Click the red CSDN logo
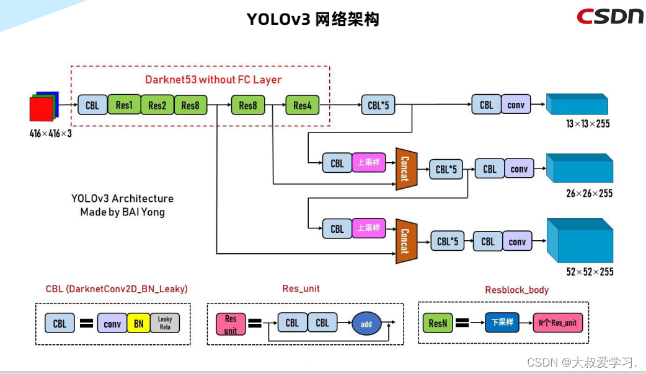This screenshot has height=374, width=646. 609,16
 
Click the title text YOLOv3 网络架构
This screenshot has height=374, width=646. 312,19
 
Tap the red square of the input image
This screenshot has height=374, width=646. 41,110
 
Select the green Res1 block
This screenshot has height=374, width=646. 124,105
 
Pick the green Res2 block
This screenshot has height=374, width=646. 157,105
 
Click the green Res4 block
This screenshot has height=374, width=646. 302,105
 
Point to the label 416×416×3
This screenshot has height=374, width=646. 51,133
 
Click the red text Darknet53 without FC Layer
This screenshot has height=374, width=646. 213,79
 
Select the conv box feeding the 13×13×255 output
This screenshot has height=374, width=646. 516,105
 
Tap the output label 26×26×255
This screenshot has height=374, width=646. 589,194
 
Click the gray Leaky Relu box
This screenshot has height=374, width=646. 165,323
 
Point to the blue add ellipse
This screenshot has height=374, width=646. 366,323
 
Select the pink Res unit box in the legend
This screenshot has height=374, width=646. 231,323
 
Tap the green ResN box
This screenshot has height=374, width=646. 438,323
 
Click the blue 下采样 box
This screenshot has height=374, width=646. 502,323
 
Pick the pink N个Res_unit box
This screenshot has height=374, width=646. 558,323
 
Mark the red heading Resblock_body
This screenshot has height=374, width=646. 516,290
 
